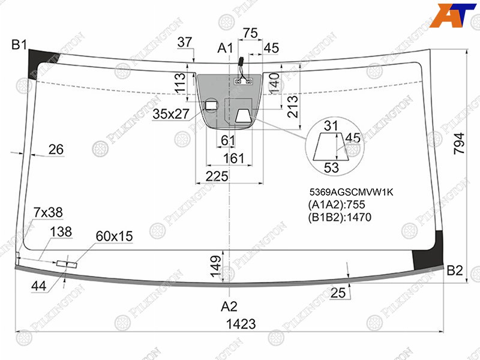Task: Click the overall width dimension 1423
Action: pos(241,323)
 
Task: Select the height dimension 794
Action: pos(459,143)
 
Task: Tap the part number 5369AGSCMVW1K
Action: pos(351,192)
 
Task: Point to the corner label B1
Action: pos(20,45)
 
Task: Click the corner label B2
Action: pos(455,271)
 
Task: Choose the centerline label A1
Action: pos(225,48)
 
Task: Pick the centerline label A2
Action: pos(229,306)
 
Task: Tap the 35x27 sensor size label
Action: pos(171,114)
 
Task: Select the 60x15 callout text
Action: pos(114,236)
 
